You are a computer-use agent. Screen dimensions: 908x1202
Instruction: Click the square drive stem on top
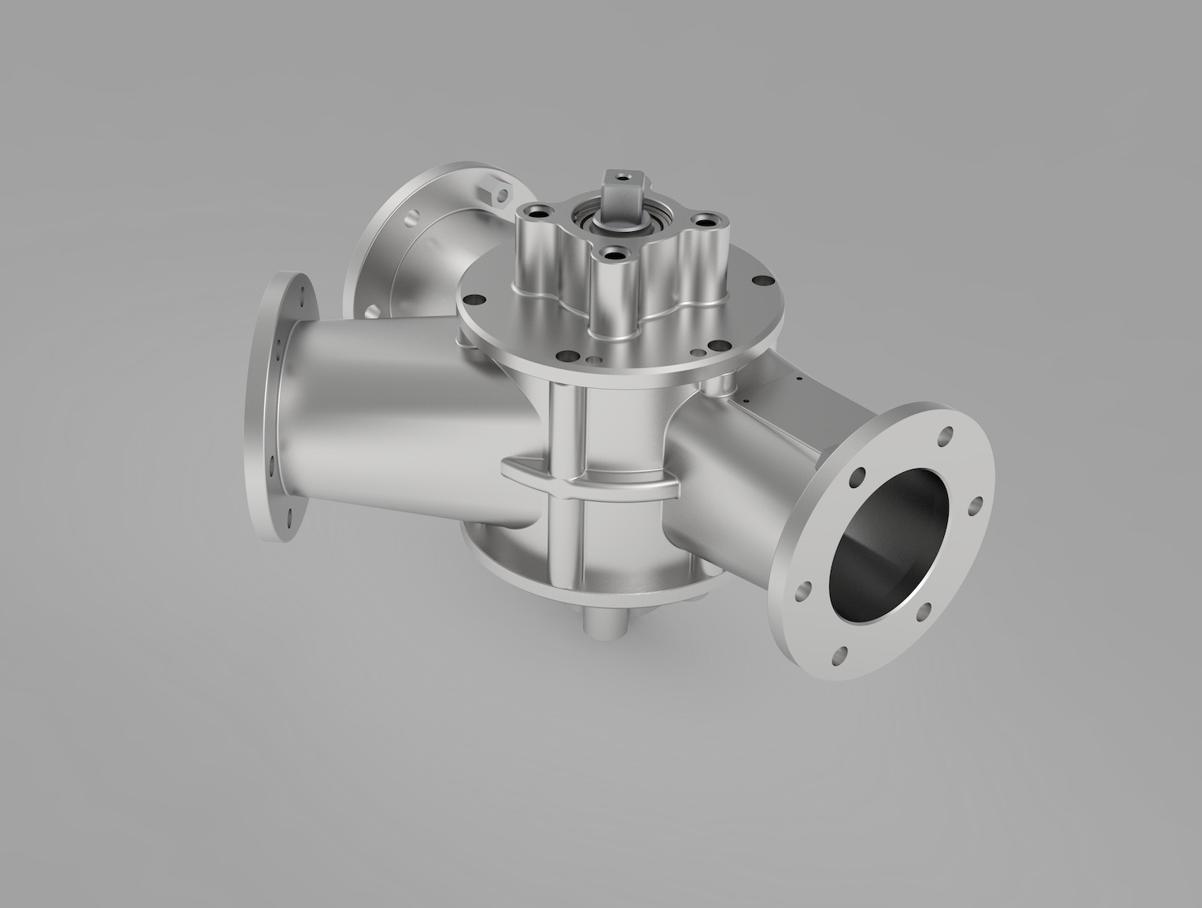618,197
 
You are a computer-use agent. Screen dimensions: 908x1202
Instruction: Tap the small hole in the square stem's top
621,177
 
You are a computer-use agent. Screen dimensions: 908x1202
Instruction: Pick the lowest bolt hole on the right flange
843,652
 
